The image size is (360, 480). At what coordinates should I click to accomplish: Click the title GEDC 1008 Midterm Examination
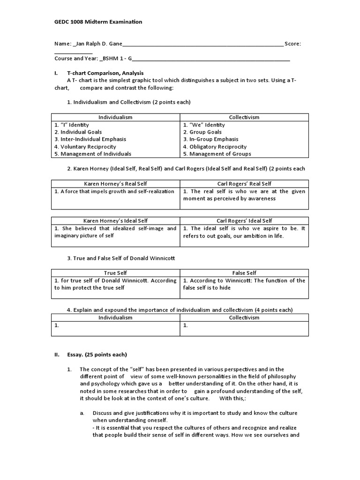click(x=98, y=22)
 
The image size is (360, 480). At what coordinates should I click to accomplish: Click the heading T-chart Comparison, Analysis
click(x=105, y=73)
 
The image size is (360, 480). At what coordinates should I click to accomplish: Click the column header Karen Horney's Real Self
click(x=115, y=184)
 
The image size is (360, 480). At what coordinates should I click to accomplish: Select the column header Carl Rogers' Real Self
click(x=244, y=184)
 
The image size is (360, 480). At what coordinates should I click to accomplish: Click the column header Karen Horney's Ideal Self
click(x=115, y=221)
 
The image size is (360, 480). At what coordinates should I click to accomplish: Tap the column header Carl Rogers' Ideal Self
click(x=244, y=221)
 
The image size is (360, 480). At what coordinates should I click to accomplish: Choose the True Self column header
click(x=115, y=273)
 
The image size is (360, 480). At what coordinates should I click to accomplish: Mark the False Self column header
click(x=244, y=273)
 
